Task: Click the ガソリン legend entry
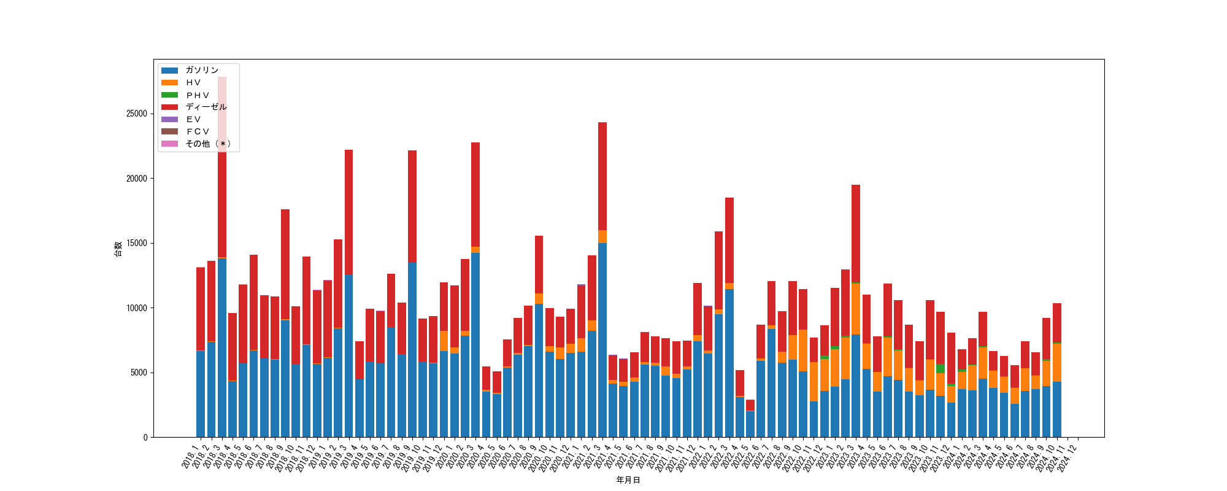(202, 70)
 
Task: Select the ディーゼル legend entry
(206, 107)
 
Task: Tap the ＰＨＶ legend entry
(198, 95)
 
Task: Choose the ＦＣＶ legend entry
(198, 131)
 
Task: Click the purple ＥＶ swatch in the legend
(169, 119)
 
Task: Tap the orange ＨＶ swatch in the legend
(169, 82)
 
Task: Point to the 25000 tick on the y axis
(137, 114)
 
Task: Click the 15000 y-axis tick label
(137, 243)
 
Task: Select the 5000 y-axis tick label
(139, 373)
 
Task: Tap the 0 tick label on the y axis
(145, 437)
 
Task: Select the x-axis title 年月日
(628, 480)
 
